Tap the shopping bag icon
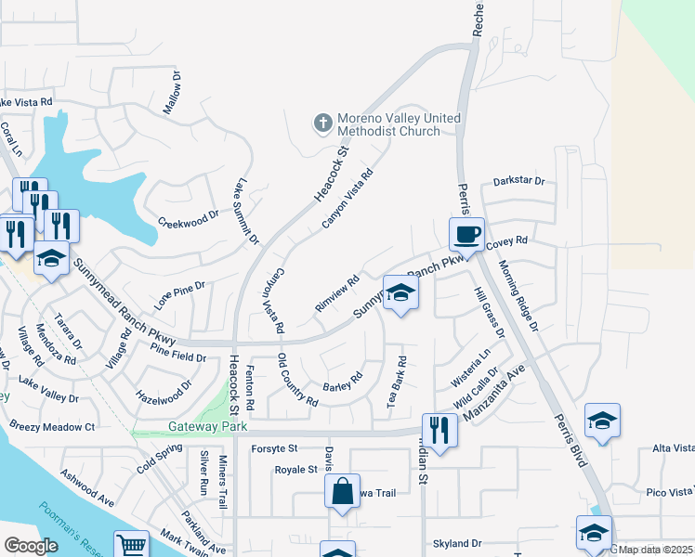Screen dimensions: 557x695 click(342, 489)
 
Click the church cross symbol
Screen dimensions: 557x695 click(322, 122)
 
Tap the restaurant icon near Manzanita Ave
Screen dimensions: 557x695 click(439, 429)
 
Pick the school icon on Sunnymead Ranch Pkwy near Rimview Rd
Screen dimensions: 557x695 click(400, 292)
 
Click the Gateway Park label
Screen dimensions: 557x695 click(199, 427)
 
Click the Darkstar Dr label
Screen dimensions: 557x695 click(518, 180)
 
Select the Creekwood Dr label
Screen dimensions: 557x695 click(188, 223)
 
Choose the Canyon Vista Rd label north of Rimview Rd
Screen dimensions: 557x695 click(347, 198)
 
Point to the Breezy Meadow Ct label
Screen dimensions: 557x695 click(52, 427)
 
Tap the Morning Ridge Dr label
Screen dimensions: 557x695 click(518, 295)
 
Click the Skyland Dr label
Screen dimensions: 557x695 click(457, 543)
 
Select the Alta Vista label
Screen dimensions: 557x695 click(673, 448)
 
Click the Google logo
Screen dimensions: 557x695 click(31, 546)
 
